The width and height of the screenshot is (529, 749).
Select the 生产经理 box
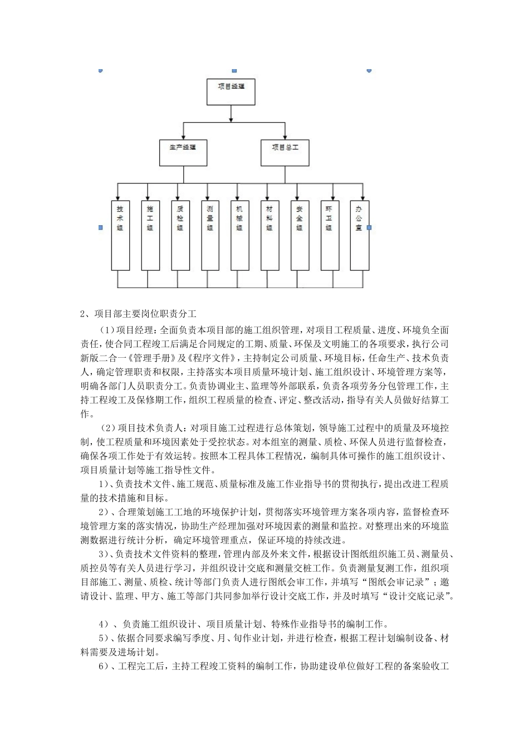click(183, 152)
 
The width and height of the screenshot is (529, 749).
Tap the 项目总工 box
click(285, 152)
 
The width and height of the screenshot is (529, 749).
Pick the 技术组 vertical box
click(120, 235)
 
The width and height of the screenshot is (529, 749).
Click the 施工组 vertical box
click(150, 235)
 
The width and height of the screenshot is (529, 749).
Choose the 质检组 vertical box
click(180, 235)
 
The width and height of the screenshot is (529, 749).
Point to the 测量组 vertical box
click(210, 235)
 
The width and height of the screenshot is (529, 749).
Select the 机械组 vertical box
click(239, 235)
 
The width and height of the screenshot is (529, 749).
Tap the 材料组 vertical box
click(270, 235)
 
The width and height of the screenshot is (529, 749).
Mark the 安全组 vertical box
click(300, 235)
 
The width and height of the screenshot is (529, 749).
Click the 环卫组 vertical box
click(329, 235)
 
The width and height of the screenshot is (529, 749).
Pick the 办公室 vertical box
click(359, 235)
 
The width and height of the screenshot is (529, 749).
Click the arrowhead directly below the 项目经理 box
click(231, 118)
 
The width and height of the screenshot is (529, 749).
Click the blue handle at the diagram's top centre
click(234, 71)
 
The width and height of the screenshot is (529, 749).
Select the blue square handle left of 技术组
click(100, 227)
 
